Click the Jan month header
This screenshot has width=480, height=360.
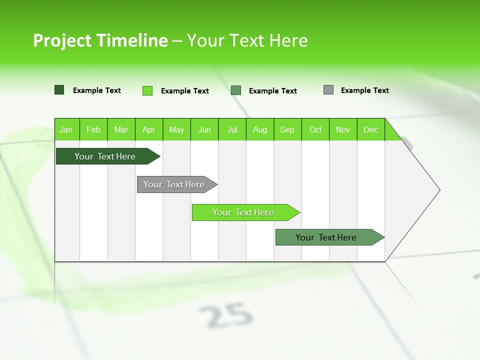click(x=66, y=129)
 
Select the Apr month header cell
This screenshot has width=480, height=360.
click(x=148, y=129)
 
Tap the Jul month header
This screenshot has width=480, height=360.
click(x=232, y=129)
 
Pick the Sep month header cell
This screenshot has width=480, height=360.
click(x=287, y=129)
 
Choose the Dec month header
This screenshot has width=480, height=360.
click(x=370, y=129)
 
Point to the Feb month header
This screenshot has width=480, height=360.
click(x=93, y=129)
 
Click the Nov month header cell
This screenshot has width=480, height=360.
click(x=343, y=129)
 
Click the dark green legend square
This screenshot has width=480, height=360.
click(x=59, y=90)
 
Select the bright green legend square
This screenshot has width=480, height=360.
click(x=147, y=90)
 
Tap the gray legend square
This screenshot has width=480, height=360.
click(x=328, y=90)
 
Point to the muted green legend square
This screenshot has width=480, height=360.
click(x=236, y=90)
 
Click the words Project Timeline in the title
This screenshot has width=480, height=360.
click(x=100, y=40)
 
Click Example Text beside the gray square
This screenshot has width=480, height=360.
click(x=364, y=90)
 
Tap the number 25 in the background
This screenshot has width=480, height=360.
click(x=226, y=315)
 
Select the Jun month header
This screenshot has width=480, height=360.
click(x=204, y=129)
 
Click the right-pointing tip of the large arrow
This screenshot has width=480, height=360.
click(x=438, y=190)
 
